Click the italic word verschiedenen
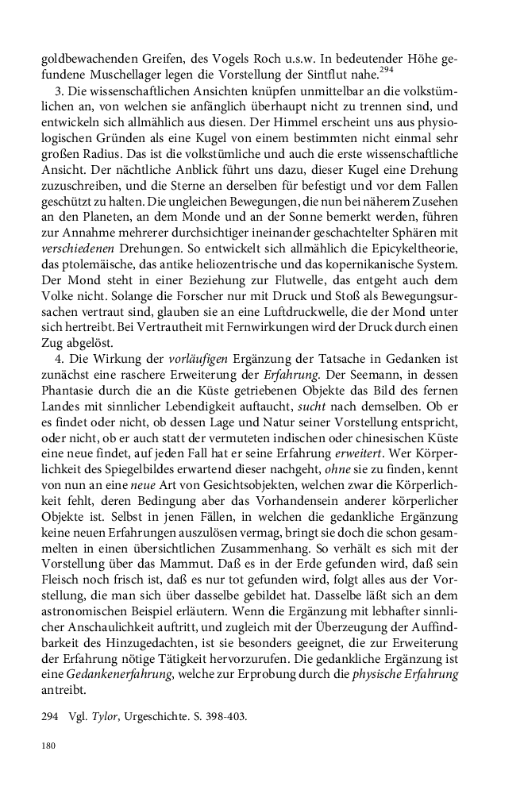[x=75, y=253]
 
